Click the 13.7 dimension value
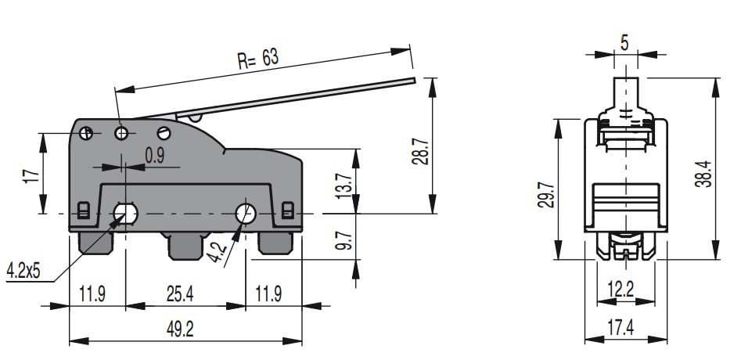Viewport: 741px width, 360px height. coord(342,186)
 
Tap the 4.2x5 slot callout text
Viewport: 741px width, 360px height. coord(23,272)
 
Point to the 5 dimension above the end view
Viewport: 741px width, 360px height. coord(624,43)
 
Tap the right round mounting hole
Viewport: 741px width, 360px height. coord(246,212)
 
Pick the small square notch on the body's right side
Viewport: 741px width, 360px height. coord(287,210)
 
